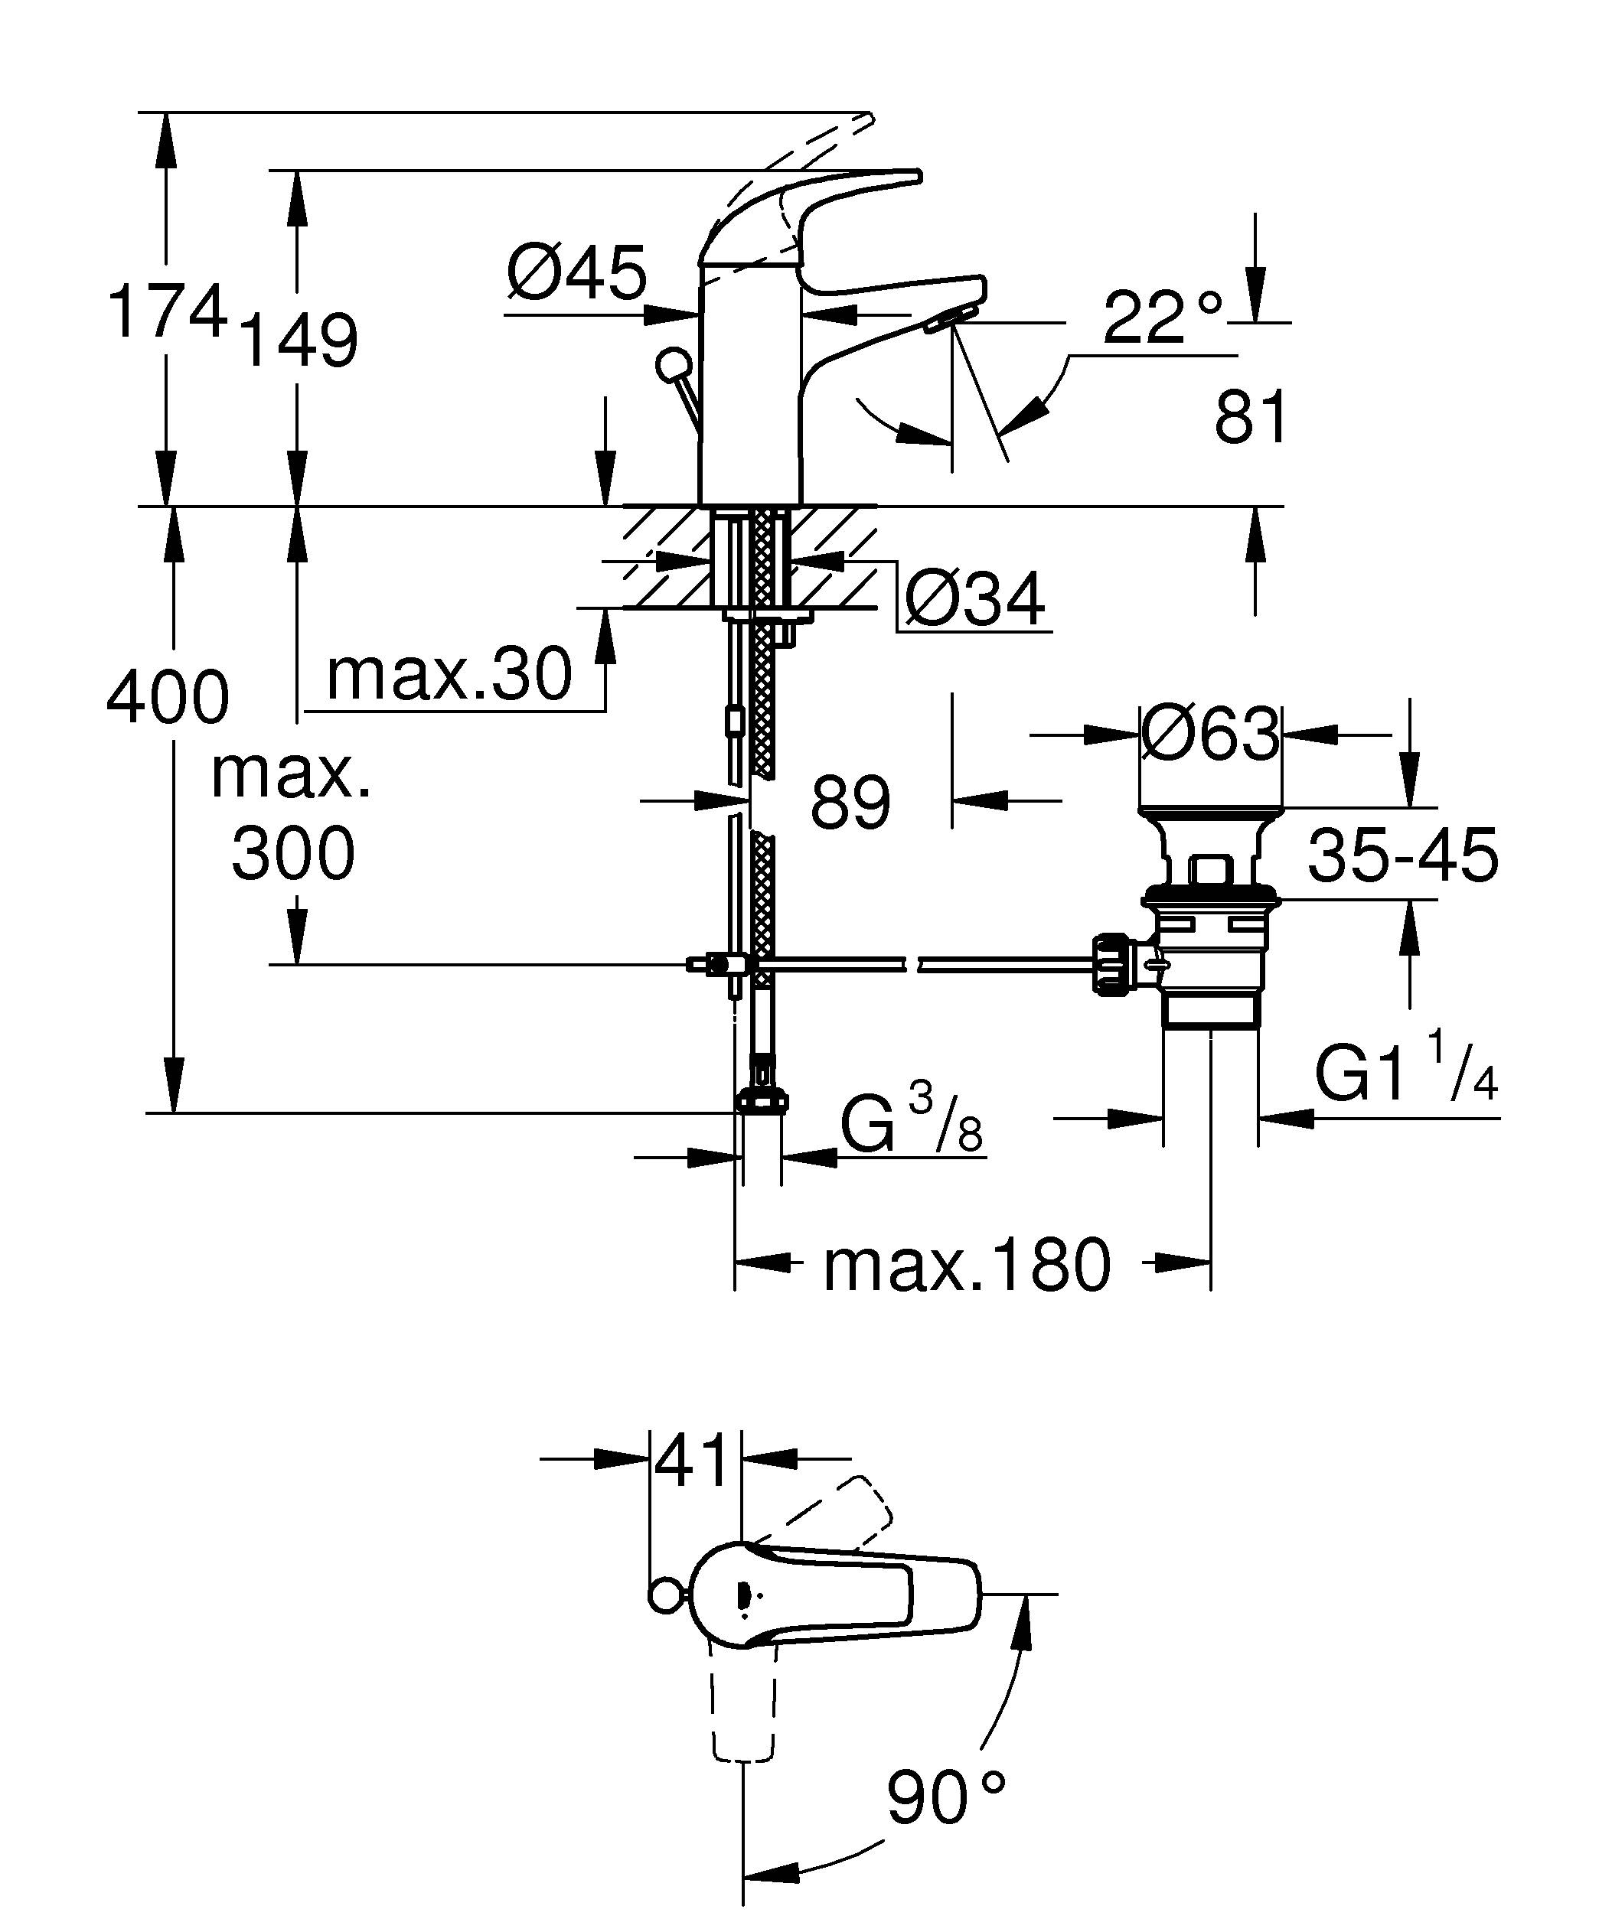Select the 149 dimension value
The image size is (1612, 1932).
tap(298, 341)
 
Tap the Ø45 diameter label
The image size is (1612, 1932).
tap(577, 273)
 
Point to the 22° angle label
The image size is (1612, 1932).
tap(1163, 318)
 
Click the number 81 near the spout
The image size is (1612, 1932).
tap(1251, 417)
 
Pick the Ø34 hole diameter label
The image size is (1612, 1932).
tap(974, 599)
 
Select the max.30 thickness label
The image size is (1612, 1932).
tap(449, 674)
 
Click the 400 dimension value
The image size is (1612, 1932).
tap(168, 697)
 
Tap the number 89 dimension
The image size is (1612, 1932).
tap(850, 801)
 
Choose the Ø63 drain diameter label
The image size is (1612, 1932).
tap(1210, 735)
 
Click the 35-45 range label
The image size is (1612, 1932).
tap(1402, 855)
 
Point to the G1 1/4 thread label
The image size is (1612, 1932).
tap(1406, 1070)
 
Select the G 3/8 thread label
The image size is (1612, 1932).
tap(911, 1120)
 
